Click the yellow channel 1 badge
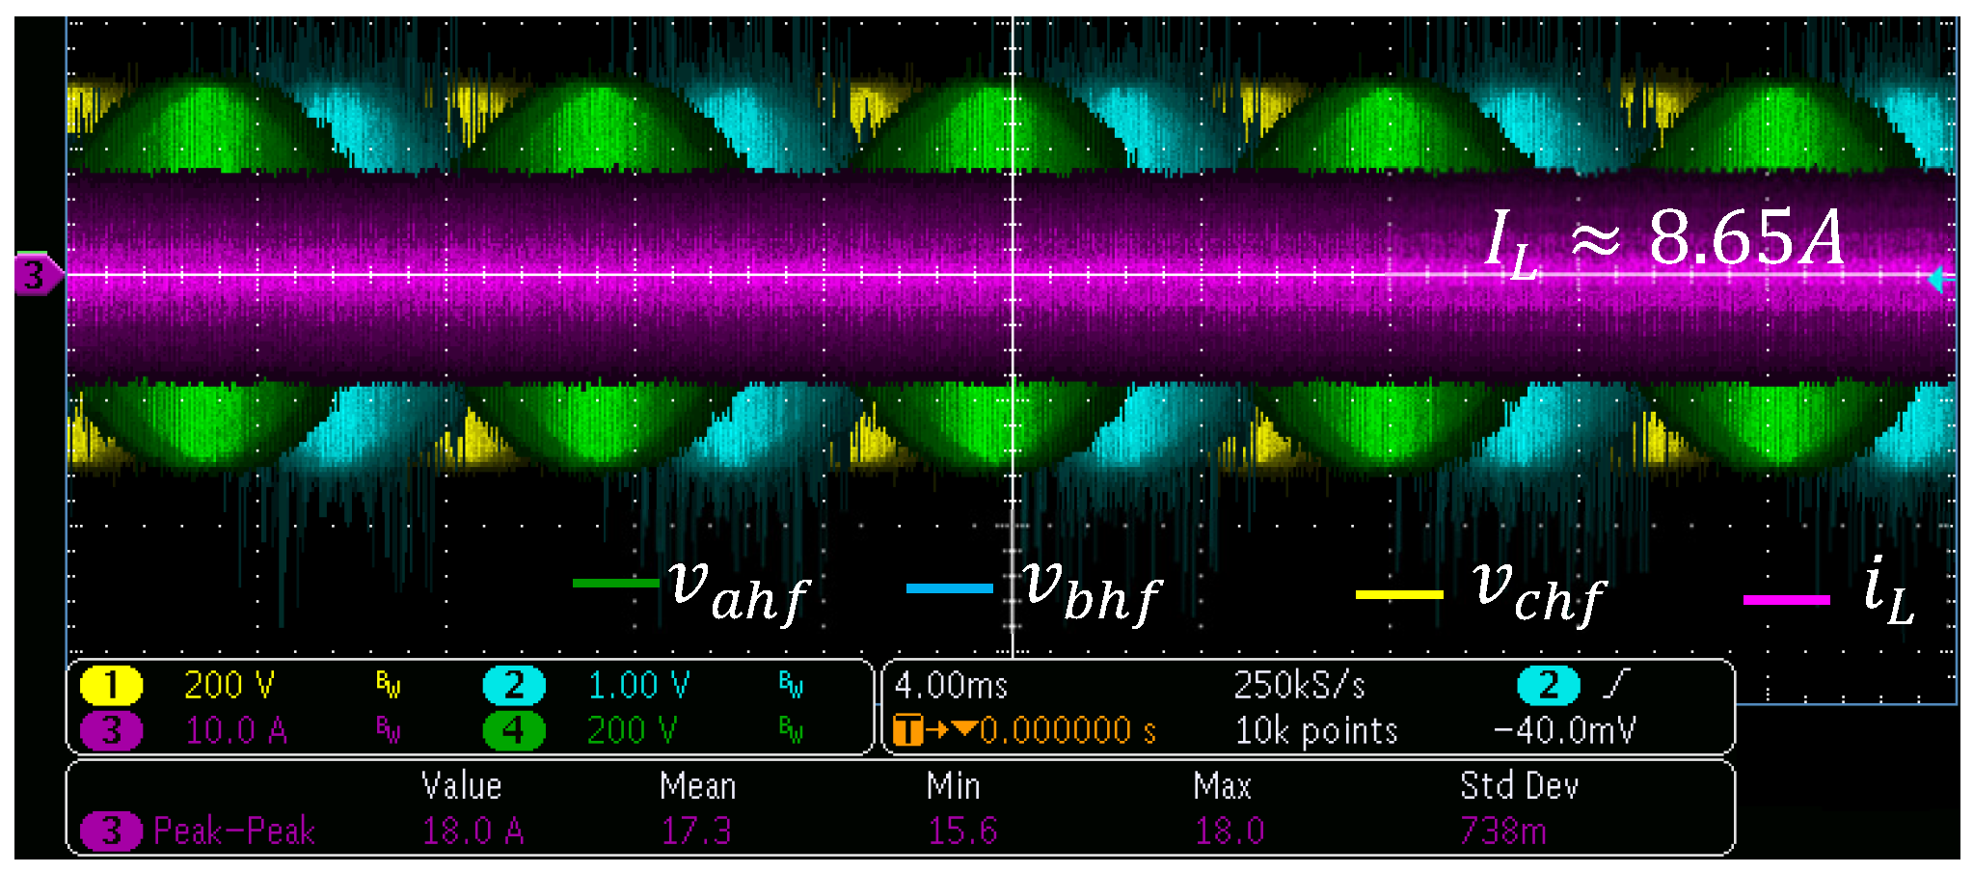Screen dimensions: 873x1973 pyautogui.click(x=111, y=686)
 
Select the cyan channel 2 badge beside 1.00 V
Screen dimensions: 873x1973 pyautogui.click(x=514, y=686)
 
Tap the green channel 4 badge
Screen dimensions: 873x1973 pyautogui.click(x=513, y=731)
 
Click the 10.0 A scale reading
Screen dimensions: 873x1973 pyautogui.click(x=236, y=731)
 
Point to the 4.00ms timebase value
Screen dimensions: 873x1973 pyautogui.click(x=951, y=686)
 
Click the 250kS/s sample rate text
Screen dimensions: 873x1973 pyautogui.click(x=1299, y=686)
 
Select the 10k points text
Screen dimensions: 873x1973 pyautogui.click(x=1316, y=731)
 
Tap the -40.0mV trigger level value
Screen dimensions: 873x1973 pyautogui.click(x=1565, y=731)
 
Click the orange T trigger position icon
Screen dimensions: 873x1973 pyautogui.click(x=907, y=730)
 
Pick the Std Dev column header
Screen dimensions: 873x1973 pyautogui.click(x=1519, y=786)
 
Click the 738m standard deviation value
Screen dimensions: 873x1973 pyautogui.click(x=1502, y=831)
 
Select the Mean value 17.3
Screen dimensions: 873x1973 pyautogui.click(x=696, y=831)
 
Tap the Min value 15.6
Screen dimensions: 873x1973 pyautogui.click(x=962, y=831)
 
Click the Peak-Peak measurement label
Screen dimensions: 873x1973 pyautogui.click(x=234, y=831)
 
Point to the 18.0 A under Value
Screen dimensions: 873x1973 pyautogui.click(x=473, y=831)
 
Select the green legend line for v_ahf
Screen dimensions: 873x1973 pyautogui.click(x=615, y=584)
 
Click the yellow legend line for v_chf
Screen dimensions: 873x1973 pyautogui.click(x=1398, y=595)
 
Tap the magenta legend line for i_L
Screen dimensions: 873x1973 pyautogui.click(x=1786, y=600)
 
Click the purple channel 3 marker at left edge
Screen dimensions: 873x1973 pyautogui.click(x=36, y=276)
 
